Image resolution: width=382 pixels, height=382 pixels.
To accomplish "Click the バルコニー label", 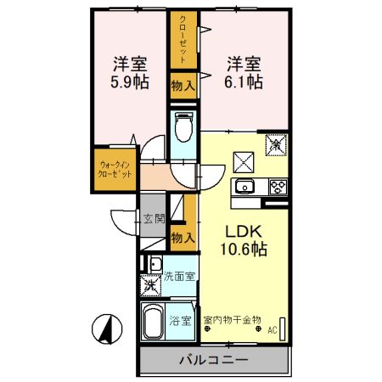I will (213, 360).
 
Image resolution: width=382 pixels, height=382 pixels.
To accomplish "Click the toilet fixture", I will (182, 126).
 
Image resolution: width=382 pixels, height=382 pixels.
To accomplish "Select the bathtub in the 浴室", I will (155, 323).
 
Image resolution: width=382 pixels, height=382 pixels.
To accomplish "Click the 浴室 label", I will (180, 322).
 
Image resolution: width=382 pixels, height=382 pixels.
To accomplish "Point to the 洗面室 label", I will (181, 276).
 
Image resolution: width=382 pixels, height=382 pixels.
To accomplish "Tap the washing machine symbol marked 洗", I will (150, 284).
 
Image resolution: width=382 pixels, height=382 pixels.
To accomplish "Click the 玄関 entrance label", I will (154, 219).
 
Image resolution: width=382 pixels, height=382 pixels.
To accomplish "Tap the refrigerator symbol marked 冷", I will (276, 145).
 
